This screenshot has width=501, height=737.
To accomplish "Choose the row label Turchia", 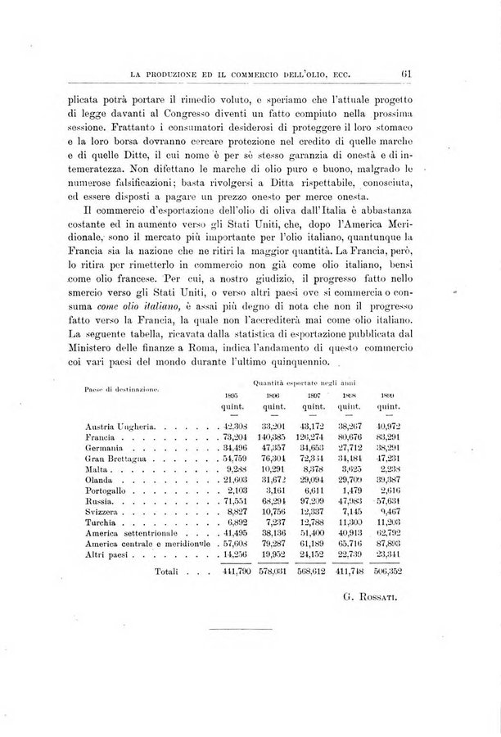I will pos(102,522).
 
